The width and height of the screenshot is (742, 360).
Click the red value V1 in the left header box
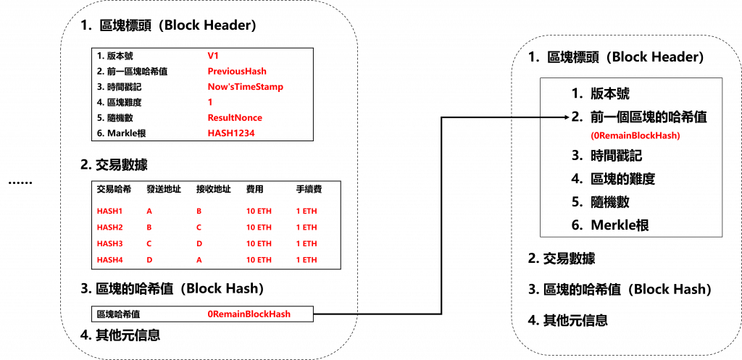(x=212, y=55)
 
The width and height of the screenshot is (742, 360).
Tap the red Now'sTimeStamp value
(x=245, y=86)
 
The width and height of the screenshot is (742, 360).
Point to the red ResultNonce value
(x=234, y=117)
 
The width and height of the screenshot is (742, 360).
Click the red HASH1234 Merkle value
(x=231, y=133)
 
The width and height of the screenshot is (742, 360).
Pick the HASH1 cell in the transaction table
(x=109, y=211)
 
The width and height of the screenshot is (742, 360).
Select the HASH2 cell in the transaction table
(x=109, y=227)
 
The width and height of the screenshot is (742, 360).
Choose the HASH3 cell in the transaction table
(x=109, y=243)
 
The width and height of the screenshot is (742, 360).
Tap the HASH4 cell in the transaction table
(x=109, y=259)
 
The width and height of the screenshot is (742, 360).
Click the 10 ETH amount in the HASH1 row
(x=259, y=211)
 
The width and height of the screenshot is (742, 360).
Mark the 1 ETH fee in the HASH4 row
(x=307, y=259)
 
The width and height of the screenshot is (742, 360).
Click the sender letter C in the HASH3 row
(x=150, y=243)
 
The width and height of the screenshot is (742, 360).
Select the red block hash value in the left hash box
(x=249, y=314)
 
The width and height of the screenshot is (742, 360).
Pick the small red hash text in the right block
(x=635, y=135)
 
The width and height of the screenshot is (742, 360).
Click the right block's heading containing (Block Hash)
(x=619, y=289)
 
